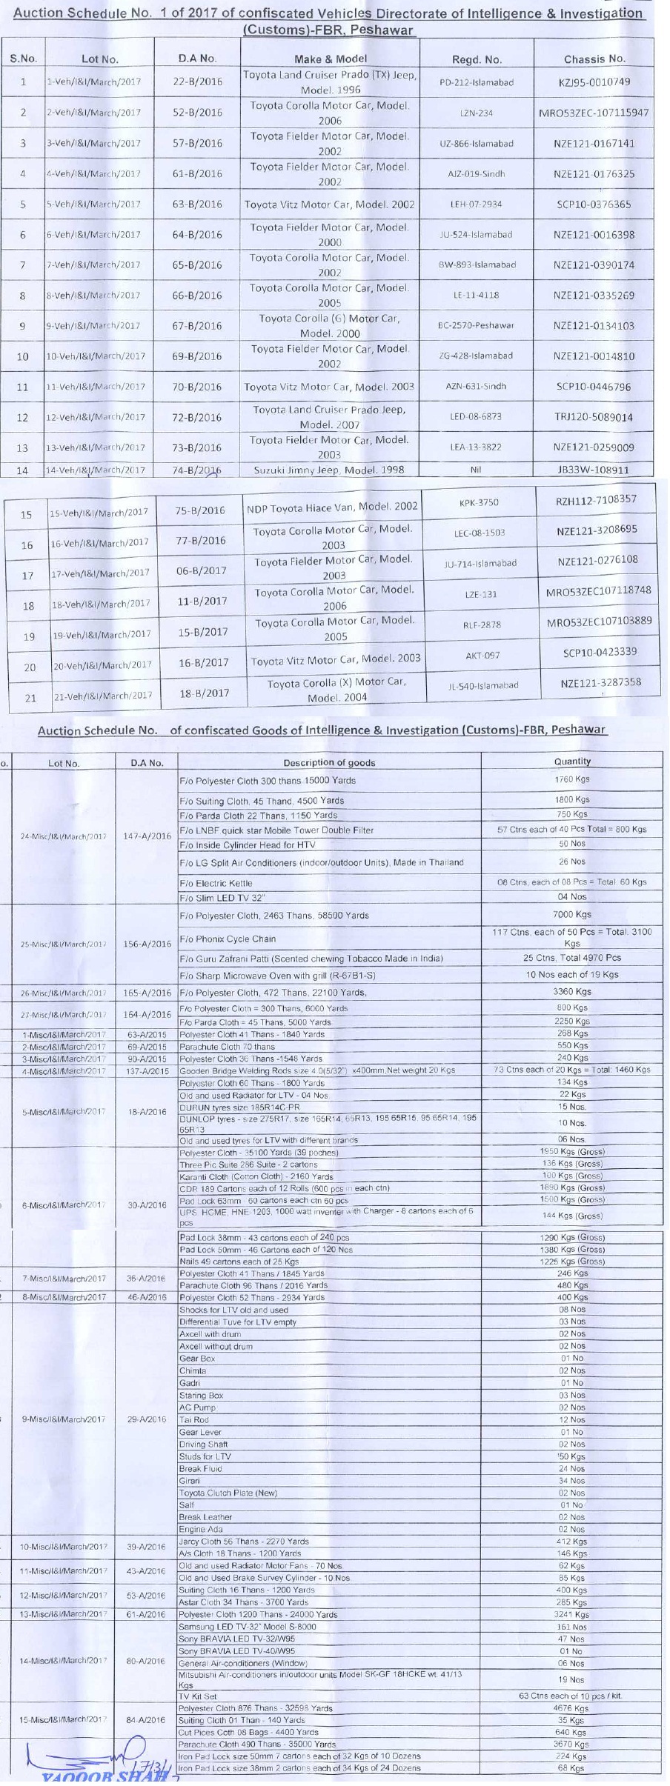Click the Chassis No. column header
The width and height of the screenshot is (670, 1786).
594,59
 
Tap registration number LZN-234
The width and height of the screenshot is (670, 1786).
476,113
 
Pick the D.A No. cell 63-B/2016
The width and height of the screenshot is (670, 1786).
197,204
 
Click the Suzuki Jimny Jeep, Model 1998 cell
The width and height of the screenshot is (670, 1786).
328,470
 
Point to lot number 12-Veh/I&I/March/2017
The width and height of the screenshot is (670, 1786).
93,418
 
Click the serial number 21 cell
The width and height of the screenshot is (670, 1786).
30,698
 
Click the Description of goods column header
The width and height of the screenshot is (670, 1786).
329,762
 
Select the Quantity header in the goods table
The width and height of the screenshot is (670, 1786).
572,761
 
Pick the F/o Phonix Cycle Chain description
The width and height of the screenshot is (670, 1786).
228,939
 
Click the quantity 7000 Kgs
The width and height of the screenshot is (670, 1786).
572,915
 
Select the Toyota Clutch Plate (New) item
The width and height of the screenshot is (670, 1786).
228,1493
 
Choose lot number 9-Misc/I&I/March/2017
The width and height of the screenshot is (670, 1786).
64,1419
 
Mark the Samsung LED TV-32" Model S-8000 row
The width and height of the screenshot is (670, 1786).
248,1627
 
